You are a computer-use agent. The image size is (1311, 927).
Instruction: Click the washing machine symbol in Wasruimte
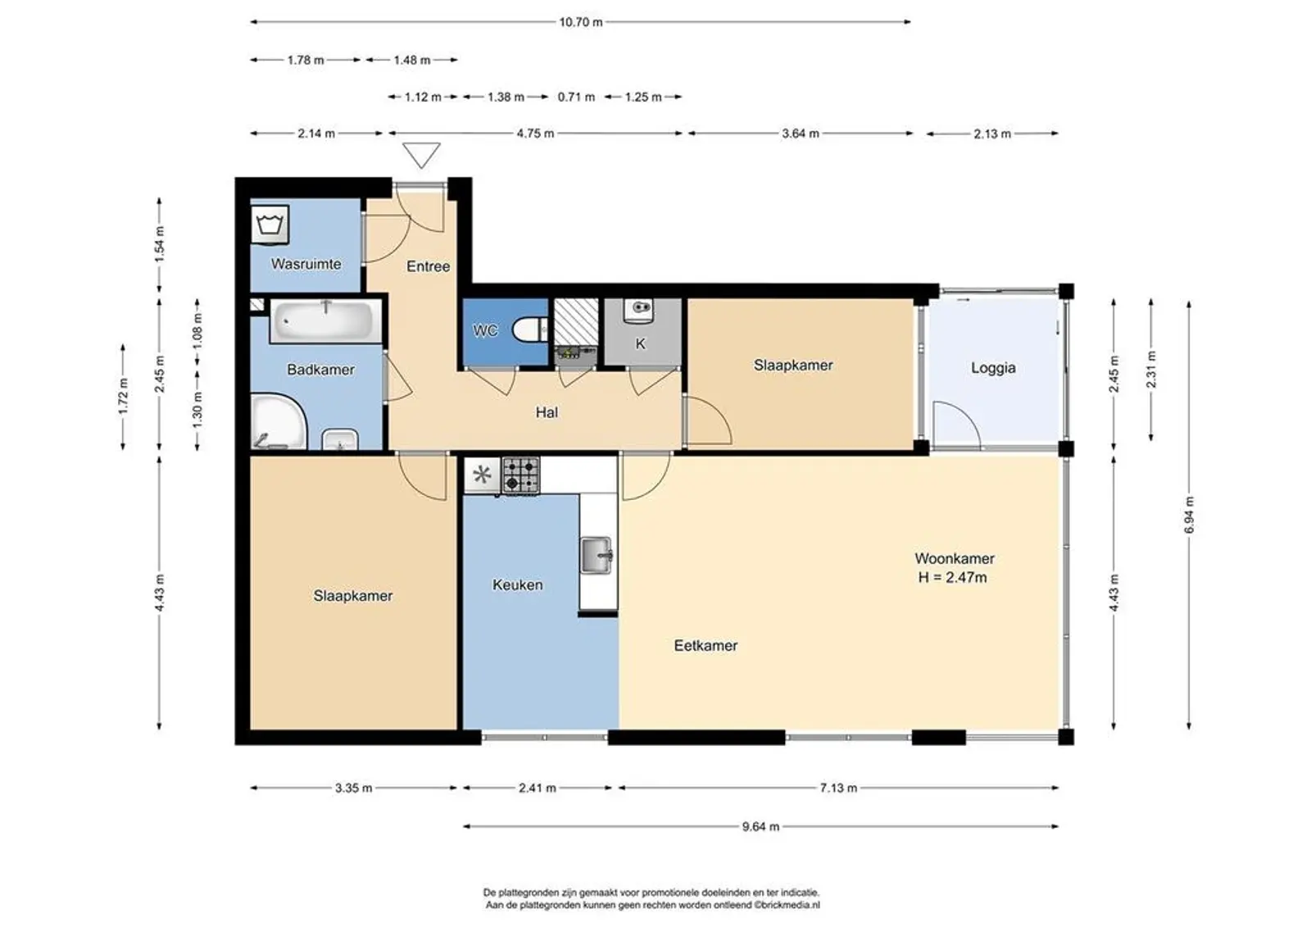pyautogui.click(x=270, y=225)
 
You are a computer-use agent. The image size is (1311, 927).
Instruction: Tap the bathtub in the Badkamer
pyautogui.click(x=325, y=321)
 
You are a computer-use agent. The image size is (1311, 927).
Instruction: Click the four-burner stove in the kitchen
pyautogui.click(x=521, y=475)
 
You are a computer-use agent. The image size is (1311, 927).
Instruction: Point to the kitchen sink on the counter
pyautogui.click(x=597, y=555)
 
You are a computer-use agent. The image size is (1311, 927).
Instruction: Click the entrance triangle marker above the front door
pyautogui.click(x=421, y=155)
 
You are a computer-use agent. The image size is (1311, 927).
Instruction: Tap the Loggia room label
pyautogui.click(x=993, y=368)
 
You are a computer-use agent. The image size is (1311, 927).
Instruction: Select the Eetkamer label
pyautogui.click(x=705, y=645)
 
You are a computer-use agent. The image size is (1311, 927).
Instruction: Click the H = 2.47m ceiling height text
pyautogui.click(x=952, y=577)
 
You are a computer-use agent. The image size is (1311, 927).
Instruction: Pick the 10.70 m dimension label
pyautogui.click(x=581, y=22)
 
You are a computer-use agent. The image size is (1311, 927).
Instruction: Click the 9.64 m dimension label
pyautogui.click(x=761, y=827)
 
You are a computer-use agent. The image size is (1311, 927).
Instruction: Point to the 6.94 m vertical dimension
pyautogui.click(x=1189, y=515)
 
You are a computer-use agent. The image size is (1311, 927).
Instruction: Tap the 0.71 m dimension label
pyautogui.click(x=577, y=98)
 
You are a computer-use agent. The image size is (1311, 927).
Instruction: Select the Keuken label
pyautogui.click(x=517, y=584)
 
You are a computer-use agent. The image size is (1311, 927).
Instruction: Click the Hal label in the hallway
pyautogui.click(x=547, y=412)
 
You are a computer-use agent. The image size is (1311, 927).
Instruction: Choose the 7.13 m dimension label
pyautogui.click(x=839, y=788)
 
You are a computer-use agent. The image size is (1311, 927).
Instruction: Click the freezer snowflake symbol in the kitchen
pyautogui.click(x=483, y=475)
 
